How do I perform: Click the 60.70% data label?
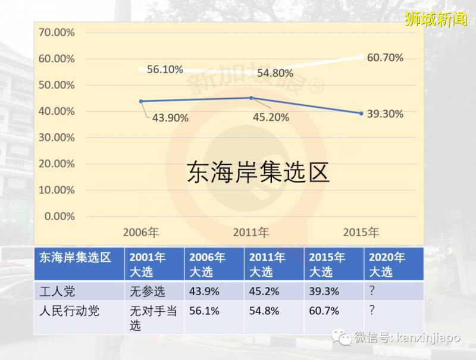pos(384,58)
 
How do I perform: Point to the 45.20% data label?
pos(271,117)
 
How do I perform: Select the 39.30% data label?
pos(384,114)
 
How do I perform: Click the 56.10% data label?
pos(165,69)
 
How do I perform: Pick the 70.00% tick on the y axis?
pos(56,32)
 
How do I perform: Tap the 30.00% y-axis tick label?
pos(56,137)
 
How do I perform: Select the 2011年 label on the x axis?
pos(251,231)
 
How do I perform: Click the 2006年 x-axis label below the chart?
pos(141,231)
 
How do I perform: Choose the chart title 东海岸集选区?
pos(258,173)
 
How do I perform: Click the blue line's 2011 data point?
pos(251,98)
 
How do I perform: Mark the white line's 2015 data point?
pos(361,57)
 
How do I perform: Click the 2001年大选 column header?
pos(148,264)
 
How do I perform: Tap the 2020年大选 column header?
pos(387,264)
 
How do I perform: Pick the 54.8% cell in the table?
pos(264,311)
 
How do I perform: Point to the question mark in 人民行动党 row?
pos(372,311)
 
